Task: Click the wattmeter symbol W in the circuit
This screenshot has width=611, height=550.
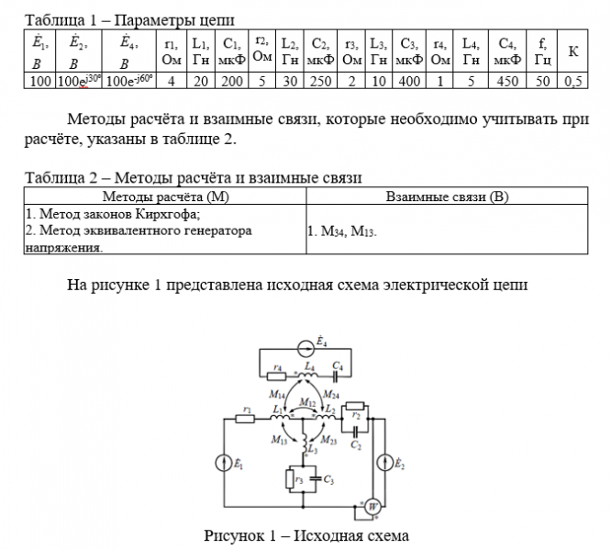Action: tap(372, 506)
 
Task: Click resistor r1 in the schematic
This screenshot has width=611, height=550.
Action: tap(245, 419)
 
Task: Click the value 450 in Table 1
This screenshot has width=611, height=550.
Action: tap(505, 81)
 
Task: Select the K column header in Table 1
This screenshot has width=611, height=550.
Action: tap(572, 51)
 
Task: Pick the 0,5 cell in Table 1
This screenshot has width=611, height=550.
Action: tap(572, 81)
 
